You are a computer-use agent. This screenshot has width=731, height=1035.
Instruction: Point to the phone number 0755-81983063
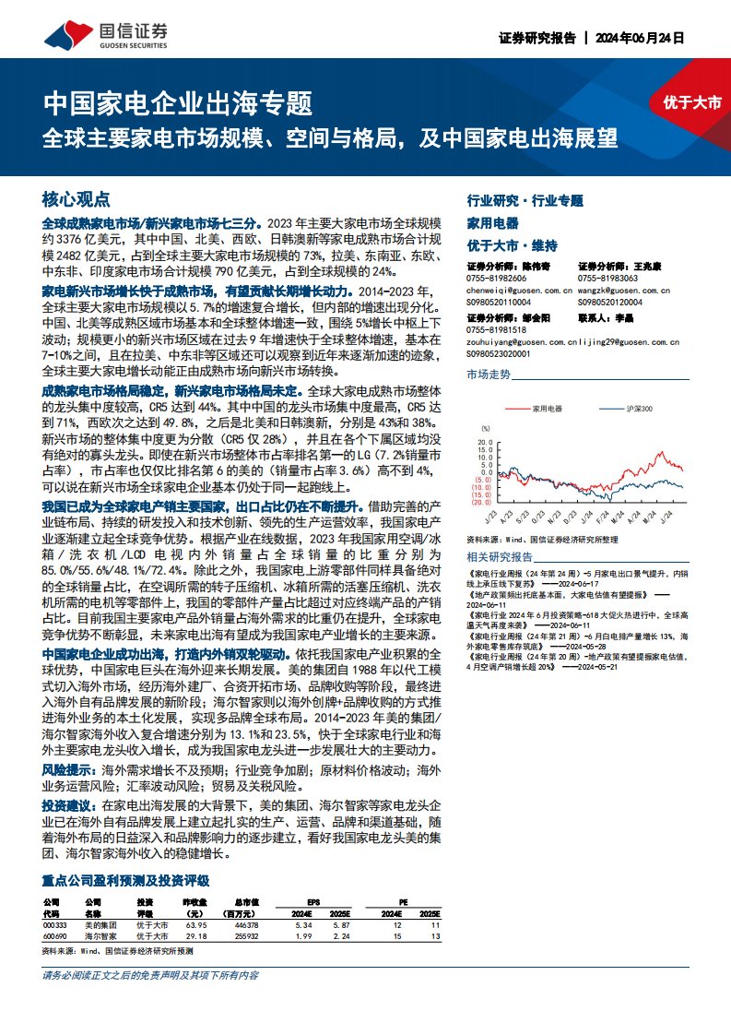click(607, 278)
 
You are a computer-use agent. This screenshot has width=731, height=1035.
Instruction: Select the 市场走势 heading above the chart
click(489, 375)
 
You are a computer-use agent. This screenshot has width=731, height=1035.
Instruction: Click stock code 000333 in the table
click(55, 924)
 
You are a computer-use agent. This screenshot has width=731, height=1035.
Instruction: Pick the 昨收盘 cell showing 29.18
click(195, 936)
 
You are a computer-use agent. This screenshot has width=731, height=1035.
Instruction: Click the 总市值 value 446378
click(246, 924)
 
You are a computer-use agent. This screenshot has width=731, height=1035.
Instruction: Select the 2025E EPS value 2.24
click(343, 936)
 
